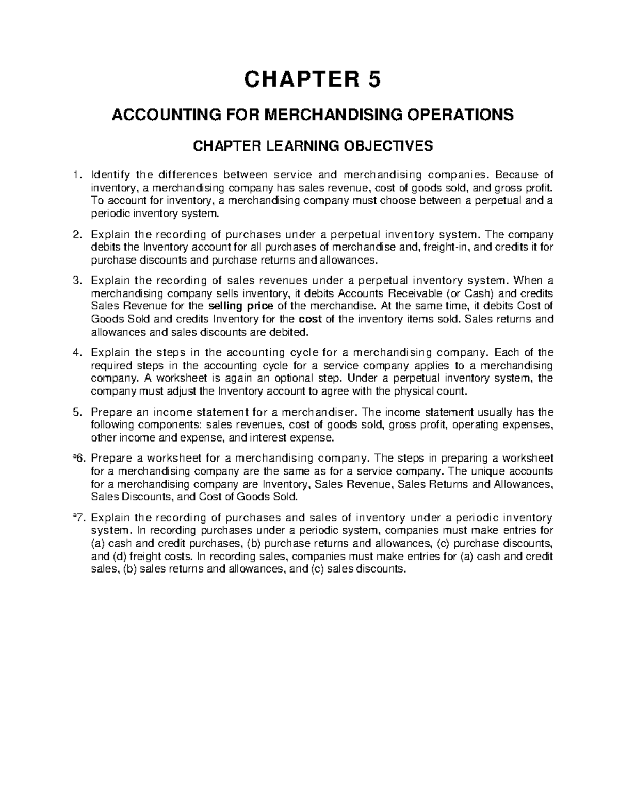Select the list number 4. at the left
pos(77,353)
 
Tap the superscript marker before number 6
pos(74,456)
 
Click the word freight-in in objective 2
pos(447,247)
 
